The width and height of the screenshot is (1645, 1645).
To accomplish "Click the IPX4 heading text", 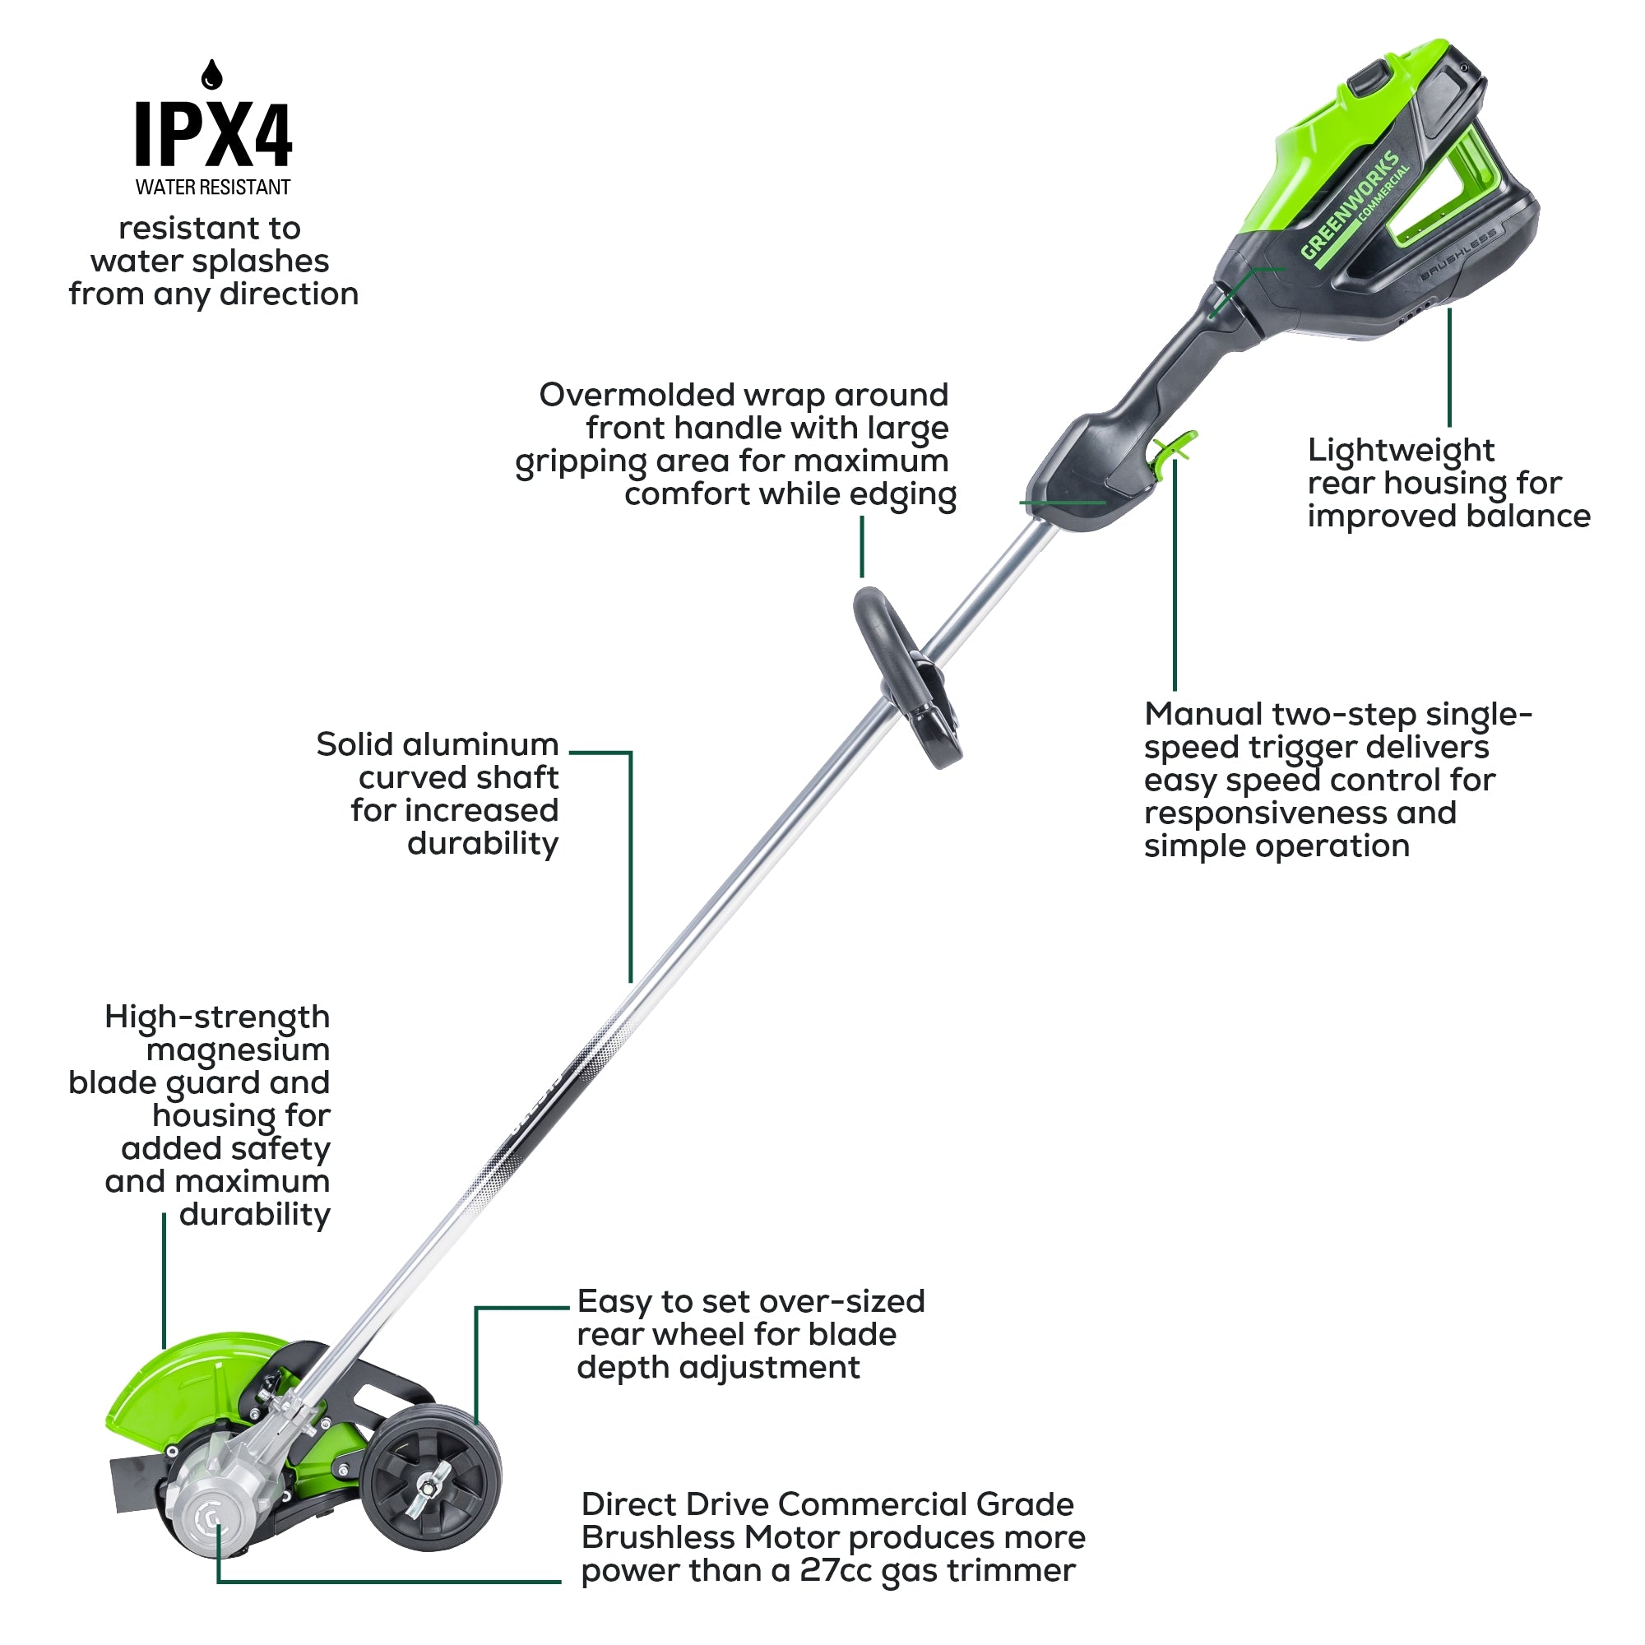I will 213,135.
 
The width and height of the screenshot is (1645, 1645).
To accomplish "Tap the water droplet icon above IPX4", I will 212,75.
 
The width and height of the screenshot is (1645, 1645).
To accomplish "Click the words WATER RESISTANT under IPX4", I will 213,188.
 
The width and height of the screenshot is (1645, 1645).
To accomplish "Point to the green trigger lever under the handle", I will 1174,448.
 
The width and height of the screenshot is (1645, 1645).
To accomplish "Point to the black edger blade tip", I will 132,1485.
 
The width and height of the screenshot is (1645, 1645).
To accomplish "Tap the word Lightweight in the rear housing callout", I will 1401,451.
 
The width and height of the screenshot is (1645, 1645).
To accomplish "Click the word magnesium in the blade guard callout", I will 238,1050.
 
